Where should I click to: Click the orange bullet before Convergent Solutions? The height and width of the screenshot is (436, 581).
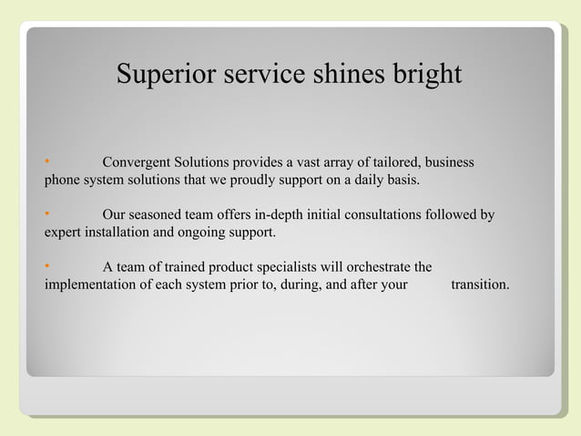coord(47,161)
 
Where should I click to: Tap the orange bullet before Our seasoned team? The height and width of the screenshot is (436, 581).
coord(47,214)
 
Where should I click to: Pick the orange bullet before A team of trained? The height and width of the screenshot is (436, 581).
coord(47,266)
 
